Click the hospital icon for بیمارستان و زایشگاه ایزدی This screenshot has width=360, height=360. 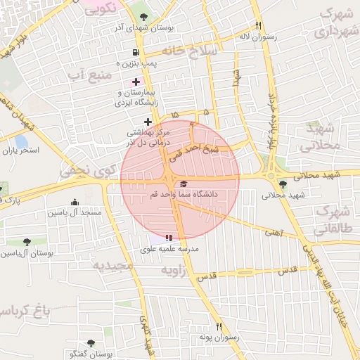pyautogui.click(x=136, y=82)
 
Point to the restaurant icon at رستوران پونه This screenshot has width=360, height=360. pyautogui.click(x=219, y=326)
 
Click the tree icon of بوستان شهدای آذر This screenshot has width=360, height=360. pyautogui.click(x=144, y=16)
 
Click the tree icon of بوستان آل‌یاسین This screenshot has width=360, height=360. pyautogui.click(x=27, y=242)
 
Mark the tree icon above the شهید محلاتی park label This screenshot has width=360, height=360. pyautogui.click(x=283, y=184)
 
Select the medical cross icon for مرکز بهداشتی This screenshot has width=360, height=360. pyautogui.click(x=147, y=122)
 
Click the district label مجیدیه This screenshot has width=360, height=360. pyautogui.click(x=112, y=265)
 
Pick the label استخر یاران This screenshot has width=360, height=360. pyautogui.click(x=19, y=150)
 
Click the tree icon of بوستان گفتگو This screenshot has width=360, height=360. pyautogui.click(x=89, y=344)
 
